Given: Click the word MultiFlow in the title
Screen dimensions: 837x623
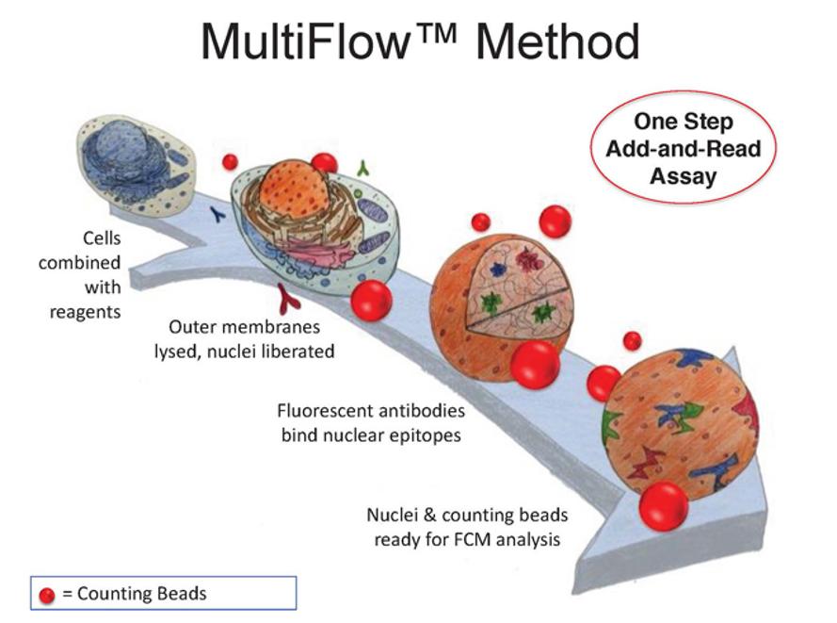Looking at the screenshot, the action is (x=304, y=41).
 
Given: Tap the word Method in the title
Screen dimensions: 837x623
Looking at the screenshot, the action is (x=557, y=41).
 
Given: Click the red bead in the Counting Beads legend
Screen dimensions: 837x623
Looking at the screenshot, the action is (x=47, y=595).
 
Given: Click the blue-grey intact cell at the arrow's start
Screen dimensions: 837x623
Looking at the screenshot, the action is (x=137, y=166).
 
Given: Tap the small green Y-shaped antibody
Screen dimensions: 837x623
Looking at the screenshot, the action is (x=363, y=168).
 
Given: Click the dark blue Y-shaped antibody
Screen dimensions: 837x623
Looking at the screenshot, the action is (x=218, y=214).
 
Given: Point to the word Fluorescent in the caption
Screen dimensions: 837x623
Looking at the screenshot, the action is (x=323, y=410).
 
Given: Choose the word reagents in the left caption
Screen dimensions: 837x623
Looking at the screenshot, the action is (x=85, y=313).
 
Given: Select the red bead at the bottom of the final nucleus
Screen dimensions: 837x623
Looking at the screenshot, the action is (x=664, y=505).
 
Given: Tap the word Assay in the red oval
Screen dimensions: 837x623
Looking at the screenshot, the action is (x=684, y=176).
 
